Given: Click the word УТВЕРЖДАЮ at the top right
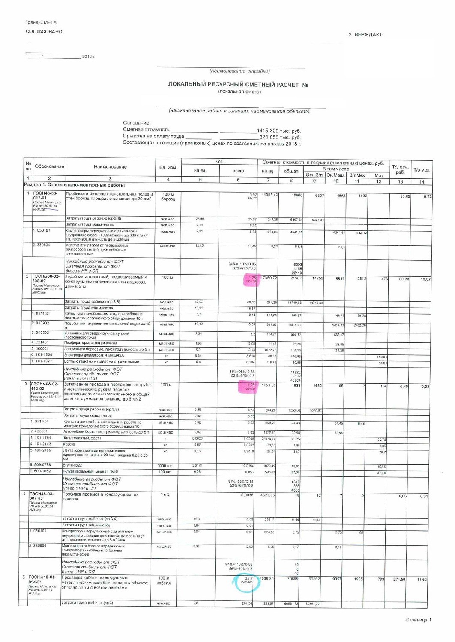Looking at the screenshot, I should [365, 35].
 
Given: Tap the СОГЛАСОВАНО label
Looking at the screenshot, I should [44, 31].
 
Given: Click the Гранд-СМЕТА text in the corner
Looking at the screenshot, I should [41, 22].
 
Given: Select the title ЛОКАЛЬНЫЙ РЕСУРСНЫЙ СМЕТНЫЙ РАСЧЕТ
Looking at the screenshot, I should [233, 85].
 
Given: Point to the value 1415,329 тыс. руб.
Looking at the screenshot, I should [278, 131].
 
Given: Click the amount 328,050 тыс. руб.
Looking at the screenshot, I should [280, 137].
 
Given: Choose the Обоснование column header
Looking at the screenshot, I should [49, 166].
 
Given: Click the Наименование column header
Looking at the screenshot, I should [110, 167].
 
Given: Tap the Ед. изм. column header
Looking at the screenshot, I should [168, 167].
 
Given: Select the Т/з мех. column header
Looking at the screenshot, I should [422, 170].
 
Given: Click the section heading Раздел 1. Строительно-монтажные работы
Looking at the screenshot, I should [74, 185].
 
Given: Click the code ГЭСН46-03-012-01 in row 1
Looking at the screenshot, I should [45, 196].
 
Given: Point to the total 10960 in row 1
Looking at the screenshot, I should [297, 196].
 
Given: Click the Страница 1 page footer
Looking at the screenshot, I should [419, 620].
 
